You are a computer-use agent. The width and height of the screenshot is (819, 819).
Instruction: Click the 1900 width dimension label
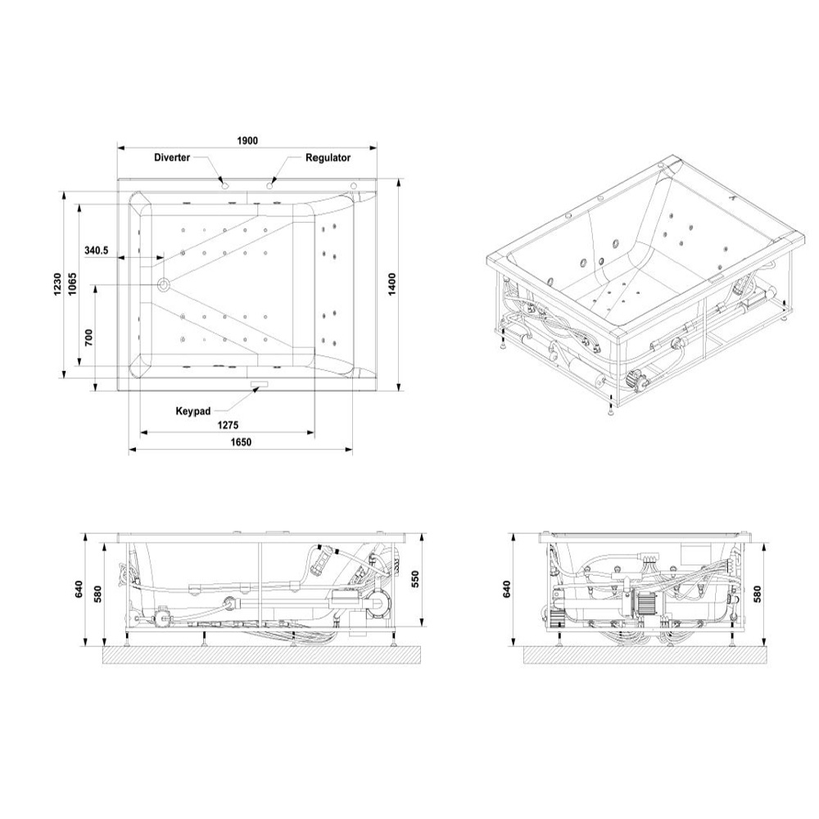click(x=247, y=141)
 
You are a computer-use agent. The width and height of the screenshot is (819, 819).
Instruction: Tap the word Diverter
click(x=172, y=157)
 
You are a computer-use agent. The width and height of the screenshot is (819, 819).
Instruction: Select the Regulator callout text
click(x=328, y=157)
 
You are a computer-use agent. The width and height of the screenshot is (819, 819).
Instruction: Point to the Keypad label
click(x=193, y=411)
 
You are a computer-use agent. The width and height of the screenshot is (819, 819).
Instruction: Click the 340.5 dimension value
click(x=97, y=250)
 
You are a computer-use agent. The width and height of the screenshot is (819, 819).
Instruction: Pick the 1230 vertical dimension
click(x=57, y=283)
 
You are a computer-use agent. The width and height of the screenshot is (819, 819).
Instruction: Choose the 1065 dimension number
click(x=72, y=283)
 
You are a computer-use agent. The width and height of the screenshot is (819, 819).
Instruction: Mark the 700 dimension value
click(x=88, y=338)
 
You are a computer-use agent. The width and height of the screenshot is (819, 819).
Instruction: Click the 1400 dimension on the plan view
click(x=392, y=283)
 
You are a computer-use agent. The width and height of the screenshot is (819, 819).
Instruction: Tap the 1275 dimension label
click(x=229, y=425)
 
